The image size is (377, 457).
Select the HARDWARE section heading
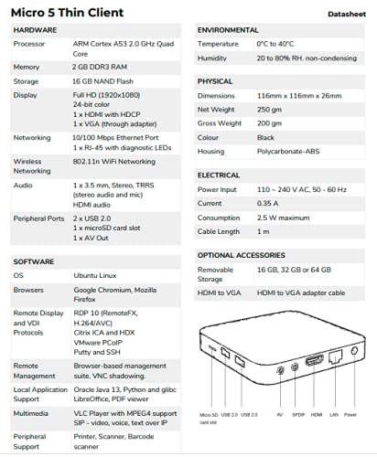tap(36, 30)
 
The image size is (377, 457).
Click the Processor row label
tap(31, 44)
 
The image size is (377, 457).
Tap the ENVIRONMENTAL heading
tap(233, 30)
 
